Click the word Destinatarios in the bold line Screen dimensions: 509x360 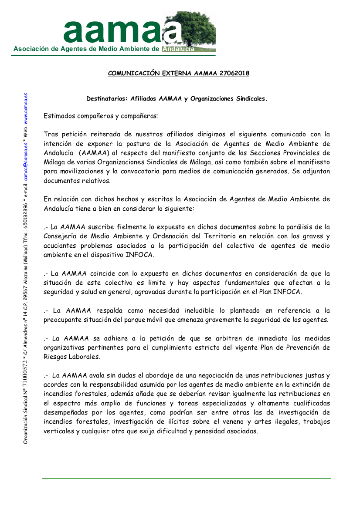[x=106, y=99]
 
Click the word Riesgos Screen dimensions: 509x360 [x=55, y=357]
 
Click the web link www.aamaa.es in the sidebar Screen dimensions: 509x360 [x=26, y=105]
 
